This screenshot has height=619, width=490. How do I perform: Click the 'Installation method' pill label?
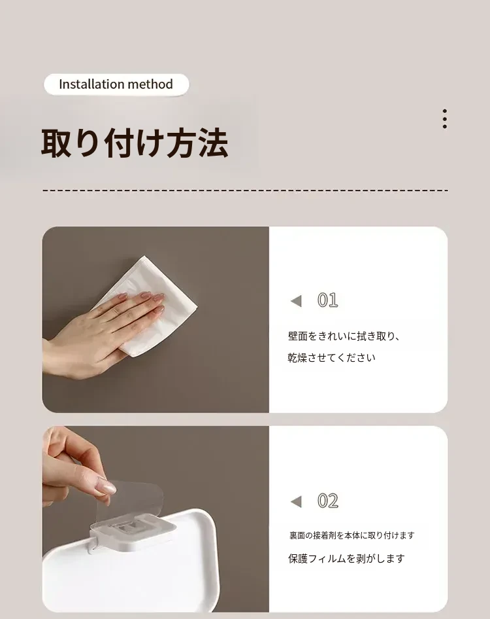click(116, 84)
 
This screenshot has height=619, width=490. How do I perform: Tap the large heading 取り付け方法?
click(135, 143)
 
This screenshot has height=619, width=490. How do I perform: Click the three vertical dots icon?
click(445, 119)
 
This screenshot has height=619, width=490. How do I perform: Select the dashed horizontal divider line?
click(245, 190)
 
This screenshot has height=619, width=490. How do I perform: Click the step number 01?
click(327, 300)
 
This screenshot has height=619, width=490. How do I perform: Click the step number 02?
click(327, 501)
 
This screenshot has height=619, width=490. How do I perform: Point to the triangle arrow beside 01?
click(296, 301)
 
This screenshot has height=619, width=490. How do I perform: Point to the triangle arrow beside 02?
click(296, 502)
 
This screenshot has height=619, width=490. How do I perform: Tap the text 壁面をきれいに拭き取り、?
click(344, 336)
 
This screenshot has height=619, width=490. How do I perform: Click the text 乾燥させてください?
click(331, 358)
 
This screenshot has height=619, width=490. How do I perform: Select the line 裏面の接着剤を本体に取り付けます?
click(352, 535)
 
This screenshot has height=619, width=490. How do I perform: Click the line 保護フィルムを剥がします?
click(346, 559)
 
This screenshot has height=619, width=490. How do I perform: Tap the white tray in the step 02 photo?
click(130, 569)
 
